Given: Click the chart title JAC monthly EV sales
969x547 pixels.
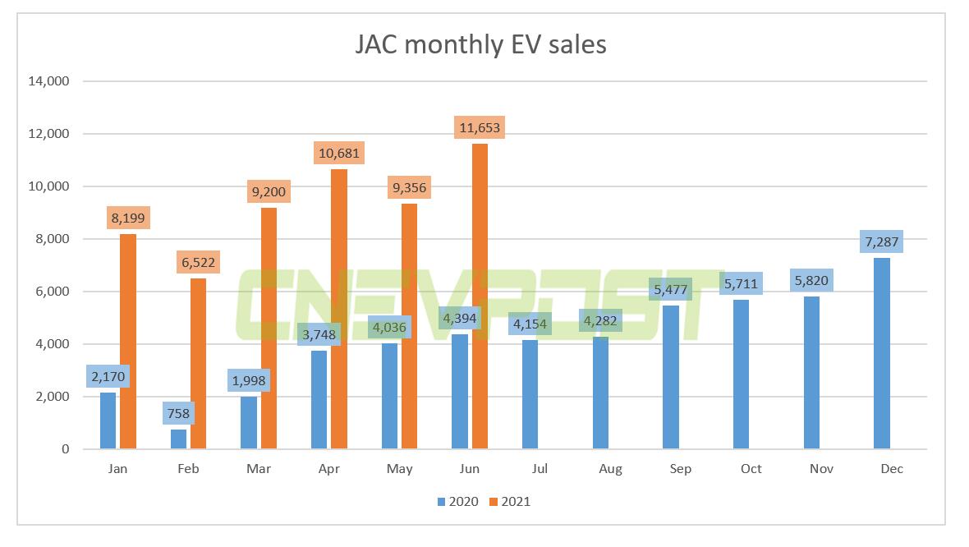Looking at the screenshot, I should click(x=480, y=44).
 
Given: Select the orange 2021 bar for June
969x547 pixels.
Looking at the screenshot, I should click(x=480, y=296).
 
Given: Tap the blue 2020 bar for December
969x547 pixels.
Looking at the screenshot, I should click(x=881, y=353).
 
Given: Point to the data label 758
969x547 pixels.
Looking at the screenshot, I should click(x=179, y=413).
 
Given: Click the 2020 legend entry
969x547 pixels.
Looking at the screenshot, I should click(x=459, y=501).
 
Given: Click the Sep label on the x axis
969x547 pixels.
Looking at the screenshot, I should click(x=680, y=469).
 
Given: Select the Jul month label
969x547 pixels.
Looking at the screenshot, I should click(x=540, y=469).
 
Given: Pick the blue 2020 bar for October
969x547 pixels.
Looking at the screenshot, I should click(x=742, y=375).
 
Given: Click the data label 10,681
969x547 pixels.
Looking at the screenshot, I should click(x=338, y=153).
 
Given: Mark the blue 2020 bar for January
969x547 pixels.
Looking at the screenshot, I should click(x=108, y=421).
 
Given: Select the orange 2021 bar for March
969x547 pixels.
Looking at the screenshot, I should click(x=269, y=329).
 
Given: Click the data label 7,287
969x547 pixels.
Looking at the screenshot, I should click(x=881, y=241).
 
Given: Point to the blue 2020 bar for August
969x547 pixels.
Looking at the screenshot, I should click(x=601, y=393).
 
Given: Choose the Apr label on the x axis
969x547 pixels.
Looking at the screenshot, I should click(x=328, y=469).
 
